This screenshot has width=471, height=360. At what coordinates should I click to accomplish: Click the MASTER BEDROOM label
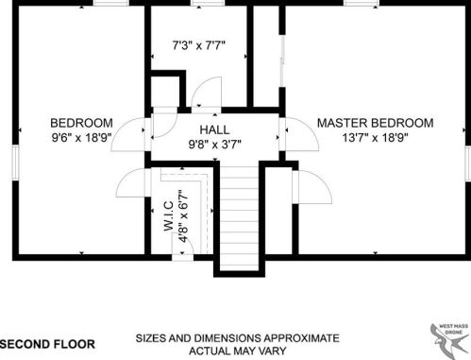tap(375, 123)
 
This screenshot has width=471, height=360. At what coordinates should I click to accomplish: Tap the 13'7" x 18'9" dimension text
tap(375, 138)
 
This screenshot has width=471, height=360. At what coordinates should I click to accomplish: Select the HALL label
tap(214, 129)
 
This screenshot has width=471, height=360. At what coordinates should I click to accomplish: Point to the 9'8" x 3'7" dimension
tap(214, 145)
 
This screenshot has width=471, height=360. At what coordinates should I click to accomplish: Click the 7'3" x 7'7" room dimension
tap(199, 45)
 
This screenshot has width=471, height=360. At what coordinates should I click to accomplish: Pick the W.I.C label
tap(169, 216)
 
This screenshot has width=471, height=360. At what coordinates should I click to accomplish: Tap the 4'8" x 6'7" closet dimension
tap(183, 216)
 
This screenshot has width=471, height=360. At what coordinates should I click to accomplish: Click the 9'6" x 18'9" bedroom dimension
tap(81, 138)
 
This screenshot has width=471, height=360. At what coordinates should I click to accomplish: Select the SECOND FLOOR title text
tap(47, 344)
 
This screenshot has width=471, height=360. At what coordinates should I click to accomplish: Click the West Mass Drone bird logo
tap(449, 338)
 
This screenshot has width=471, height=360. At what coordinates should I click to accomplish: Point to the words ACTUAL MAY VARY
tap(238, 351)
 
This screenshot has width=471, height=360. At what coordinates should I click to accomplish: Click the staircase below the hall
tap(239, 217)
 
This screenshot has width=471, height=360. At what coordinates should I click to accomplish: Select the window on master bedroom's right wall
tap(468, 163)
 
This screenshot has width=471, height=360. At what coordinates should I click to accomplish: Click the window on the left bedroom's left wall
tap(15, 163)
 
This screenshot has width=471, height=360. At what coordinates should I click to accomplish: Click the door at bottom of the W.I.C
tap(182, 249)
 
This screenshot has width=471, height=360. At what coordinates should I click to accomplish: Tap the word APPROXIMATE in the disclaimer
tap(301, 338)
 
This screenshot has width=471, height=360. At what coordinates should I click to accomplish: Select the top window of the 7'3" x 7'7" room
tap(208, 3)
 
